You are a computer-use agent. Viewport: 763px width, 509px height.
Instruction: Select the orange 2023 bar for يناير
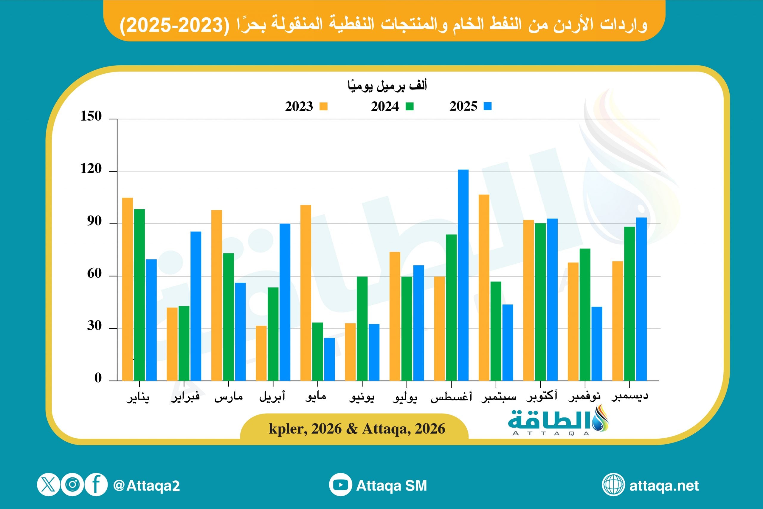(128, 289)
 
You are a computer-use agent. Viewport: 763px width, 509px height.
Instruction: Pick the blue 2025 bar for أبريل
(285, 302)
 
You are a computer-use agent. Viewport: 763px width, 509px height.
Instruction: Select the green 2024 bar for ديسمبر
(629, 304)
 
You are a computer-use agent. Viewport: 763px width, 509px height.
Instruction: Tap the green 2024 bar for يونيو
(362, 328)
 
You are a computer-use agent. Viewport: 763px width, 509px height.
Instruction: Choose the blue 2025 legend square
(487, 106)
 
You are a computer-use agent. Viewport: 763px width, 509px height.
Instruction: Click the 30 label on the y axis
(94, 326)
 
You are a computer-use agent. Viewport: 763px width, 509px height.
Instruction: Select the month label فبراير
(185, 397)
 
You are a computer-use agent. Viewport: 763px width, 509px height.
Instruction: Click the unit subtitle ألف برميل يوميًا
(387, 86)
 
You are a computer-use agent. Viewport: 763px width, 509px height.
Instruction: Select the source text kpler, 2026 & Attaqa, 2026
(357, 429)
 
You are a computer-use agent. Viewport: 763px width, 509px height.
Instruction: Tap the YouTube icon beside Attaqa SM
(340, 485)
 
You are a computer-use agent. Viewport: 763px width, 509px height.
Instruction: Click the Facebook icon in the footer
(96, 485)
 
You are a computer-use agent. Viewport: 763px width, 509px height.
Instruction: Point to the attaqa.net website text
(664, 486)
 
